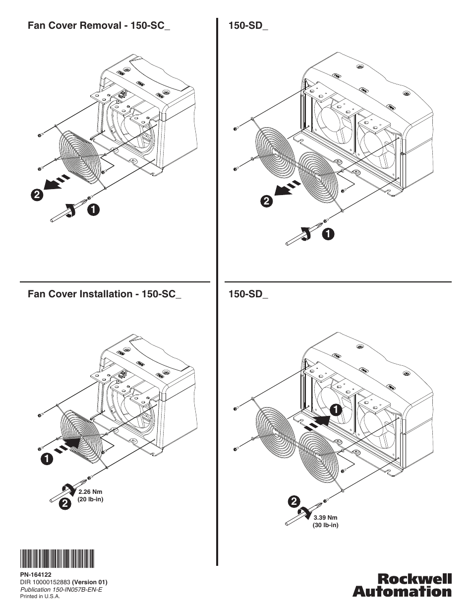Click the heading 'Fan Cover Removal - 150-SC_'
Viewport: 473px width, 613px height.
(99, 26)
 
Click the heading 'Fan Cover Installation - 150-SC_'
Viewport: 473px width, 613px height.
(105, 294)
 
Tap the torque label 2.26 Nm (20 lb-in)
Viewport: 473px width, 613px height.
(91, 495)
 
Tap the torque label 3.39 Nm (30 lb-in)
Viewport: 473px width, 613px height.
(325, 521)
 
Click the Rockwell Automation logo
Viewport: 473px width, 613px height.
(402, 585)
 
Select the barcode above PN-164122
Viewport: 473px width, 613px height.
(57, 558)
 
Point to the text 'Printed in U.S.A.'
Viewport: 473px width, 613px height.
(40, 597)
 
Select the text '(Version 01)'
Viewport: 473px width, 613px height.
(90, 582)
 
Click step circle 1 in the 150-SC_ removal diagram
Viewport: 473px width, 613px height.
(93, 210)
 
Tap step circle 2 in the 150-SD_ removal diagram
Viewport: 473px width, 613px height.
(267, 201)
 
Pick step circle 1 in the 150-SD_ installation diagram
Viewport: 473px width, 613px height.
(335, 410)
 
